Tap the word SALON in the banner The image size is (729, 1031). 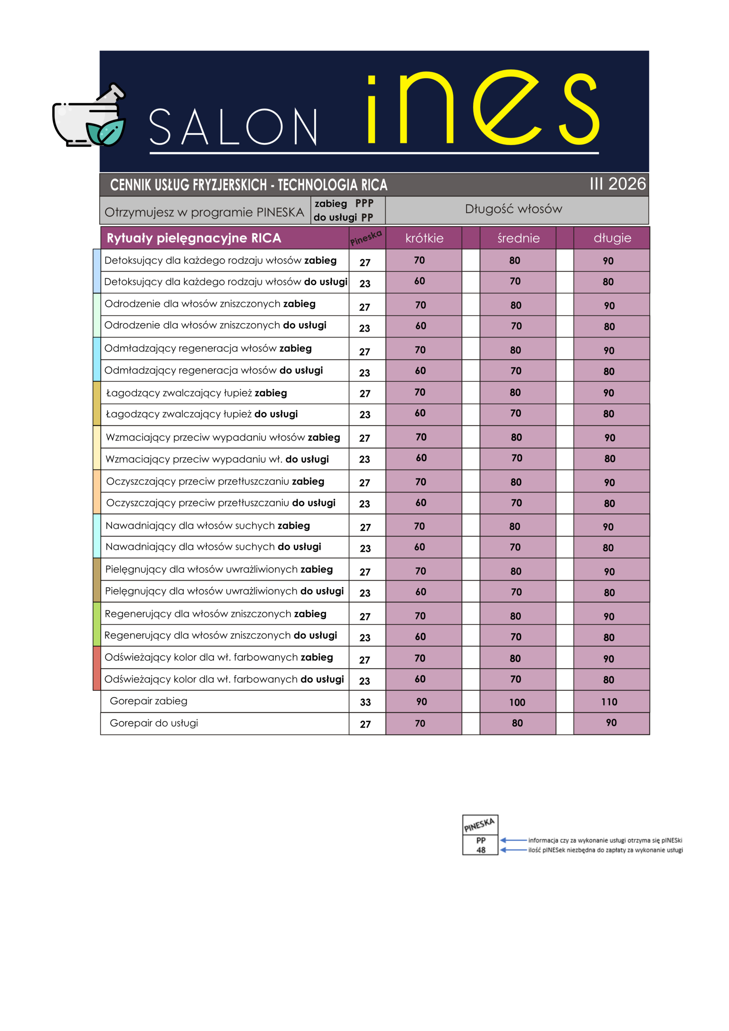pos(233,128)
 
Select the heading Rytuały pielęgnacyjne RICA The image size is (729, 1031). pos(194,238)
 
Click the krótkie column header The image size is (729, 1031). pos(424,238)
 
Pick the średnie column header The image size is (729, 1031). pos(518,238)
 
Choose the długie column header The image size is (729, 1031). pos(612,238)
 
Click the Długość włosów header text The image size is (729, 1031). pos(513,209)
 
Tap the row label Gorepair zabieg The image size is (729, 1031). pos(148,701)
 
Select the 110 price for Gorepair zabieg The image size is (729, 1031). pos(609,702)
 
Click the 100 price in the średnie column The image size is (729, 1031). pos(517,702)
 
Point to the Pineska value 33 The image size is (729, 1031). pos(365,702)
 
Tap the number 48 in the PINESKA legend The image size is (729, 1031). pos(480,850)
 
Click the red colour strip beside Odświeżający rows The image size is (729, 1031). pos(97,668)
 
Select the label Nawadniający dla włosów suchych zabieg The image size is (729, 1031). pos(207,526)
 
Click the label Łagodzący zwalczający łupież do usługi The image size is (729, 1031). pos(202,414)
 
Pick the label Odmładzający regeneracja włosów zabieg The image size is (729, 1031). pos(208,348)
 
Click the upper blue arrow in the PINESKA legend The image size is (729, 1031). pos(513,840)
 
